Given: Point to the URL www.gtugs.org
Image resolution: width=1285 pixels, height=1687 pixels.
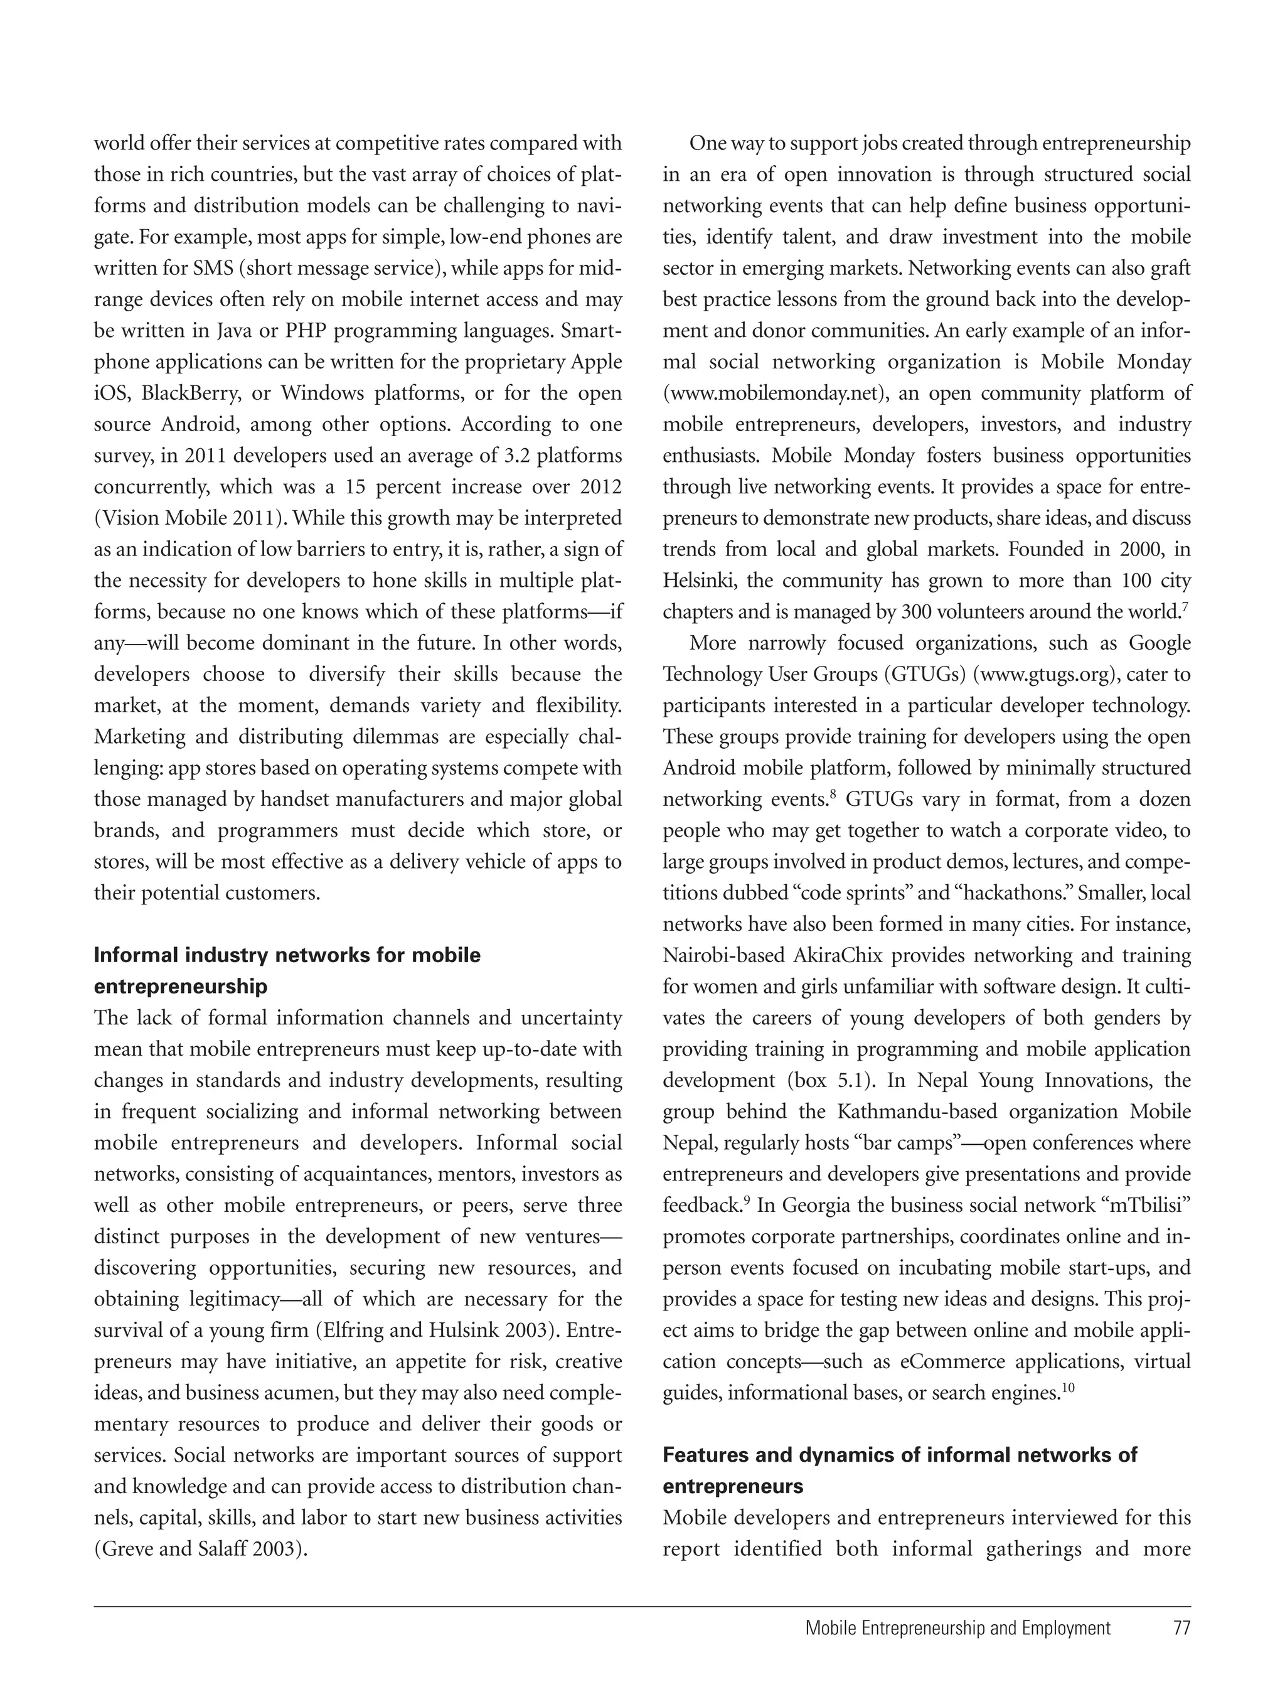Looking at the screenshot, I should (x=1044, y=674).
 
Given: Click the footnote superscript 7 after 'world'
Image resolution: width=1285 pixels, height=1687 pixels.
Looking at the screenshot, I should (x=1185, y=607).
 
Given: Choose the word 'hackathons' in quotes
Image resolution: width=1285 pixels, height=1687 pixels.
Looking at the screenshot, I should (x=1005, y=893).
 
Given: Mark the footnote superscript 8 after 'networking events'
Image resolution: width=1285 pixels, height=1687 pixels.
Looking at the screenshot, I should (x=831, y=795).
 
